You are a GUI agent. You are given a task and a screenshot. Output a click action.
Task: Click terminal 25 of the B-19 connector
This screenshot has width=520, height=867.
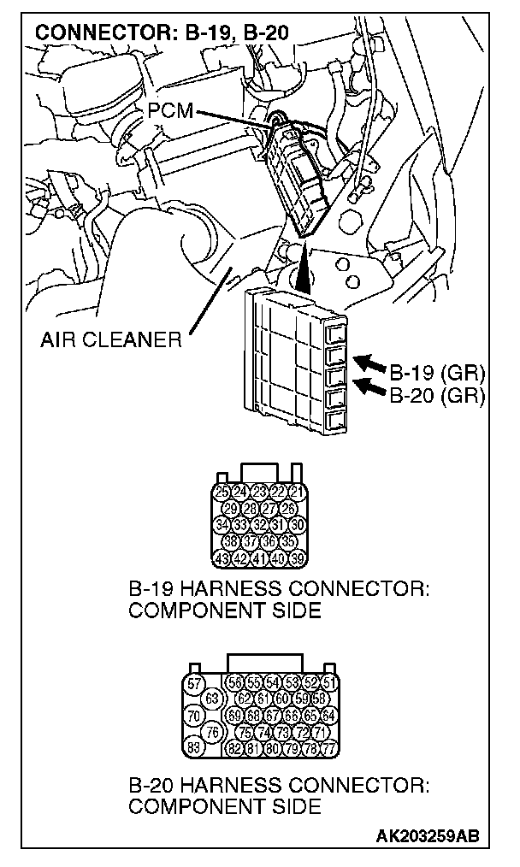tap(222, 492)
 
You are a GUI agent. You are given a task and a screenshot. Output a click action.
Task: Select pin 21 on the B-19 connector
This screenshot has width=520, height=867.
tap(297, 492)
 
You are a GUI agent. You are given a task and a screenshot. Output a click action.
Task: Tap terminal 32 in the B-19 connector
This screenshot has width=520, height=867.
tap(259, 525)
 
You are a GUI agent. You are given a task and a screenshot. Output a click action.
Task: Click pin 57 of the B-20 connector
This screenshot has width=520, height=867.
tap(194, 683)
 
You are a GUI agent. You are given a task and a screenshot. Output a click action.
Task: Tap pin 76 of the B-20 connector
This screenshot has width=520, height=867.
tap(212, 732)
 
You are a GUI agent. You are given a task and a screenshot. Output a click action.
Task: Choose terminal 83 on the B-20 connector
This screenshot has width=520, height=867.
tap(194, 748)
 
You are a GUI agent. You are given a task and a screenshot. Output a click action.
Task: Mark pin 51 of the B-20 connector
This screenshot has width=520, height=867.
tap(328, 683)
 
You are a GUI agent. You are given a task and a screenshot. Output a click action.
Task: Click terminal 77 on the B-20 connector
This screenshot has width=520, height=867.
tap(328, 749)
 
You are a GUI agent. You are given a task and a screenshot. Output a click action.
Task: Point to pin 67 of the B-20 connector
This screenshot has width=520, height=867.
tap(273, 716)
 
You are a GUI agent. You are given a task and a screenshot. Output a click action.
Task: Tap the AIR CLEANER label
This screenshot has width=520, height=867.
tap(110, 341)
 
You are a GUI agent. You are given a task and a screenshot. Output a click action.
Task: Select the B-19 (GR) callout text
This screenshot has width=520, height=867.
tap(437, 374)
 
